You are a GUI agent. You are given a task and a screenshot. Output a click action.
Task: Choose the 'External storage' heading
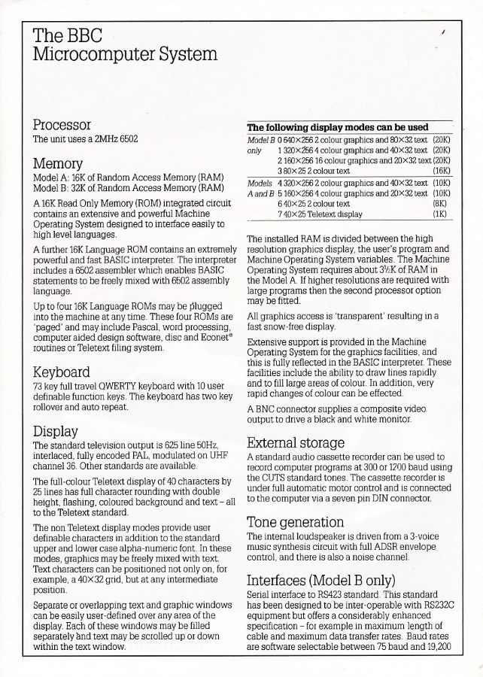296,442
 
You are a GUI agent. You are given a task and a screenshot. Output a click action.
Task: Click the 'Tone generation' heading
295,521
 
